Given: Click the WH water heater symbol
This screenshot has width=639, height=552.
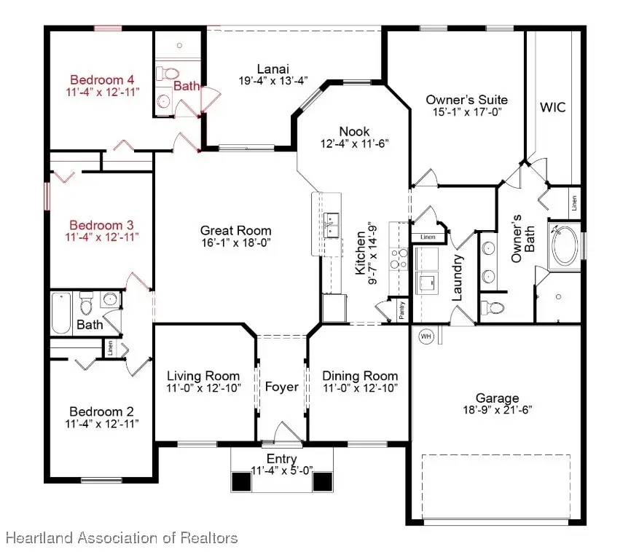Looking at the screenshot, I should (x=426, y=336).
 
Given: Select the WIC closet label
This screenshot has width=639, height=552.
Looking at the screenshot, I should (x=552, y=107).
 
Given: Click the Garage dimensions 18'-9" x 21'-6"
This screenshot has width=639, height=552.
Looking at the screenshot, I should (x=498, y=410).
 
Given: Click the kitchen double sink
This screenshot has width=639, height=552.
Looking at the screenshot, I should (x=332, y=226).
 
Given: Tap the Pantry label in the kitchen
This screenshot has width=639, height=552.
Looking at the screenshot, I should (x=401, y=310).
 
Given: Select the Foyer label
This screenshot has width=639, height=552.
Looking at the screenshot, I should (x=281, y=386).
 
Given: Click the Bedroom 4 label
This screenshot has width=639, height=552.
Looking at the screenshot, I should (x=102, y=79).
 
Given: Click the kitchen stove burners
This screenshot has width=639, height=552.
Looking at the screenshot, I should (x=399, y=259).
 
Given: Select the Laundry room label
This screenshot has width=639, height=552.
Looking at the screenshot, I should (x=458, y=278).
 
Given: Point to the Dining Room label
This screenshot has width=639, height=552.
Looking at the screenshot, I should (x=361, y=376).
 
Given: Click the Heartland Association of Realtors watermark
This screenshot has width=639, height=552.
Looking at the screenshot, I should (x=122, y=538).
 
